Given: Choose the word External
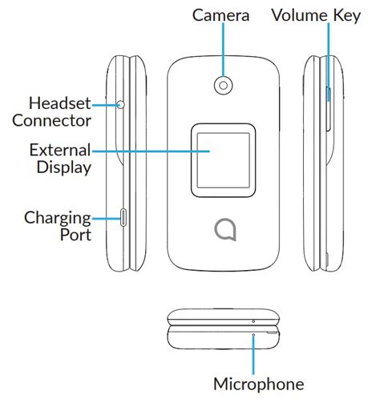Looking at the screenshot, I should (x=59, y=150).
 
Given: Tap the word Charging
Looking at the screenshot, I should (x=56, y=217).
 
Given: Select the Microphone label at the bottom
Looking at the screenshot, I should (x=259, y=382).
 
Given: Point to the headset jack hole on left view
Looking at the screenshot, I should (x=121, y=104).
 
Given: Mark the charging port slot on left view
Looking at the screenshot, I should (x=123, y=216).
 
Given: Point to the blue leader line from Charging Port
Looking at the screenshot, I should (x=104, y=217).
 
